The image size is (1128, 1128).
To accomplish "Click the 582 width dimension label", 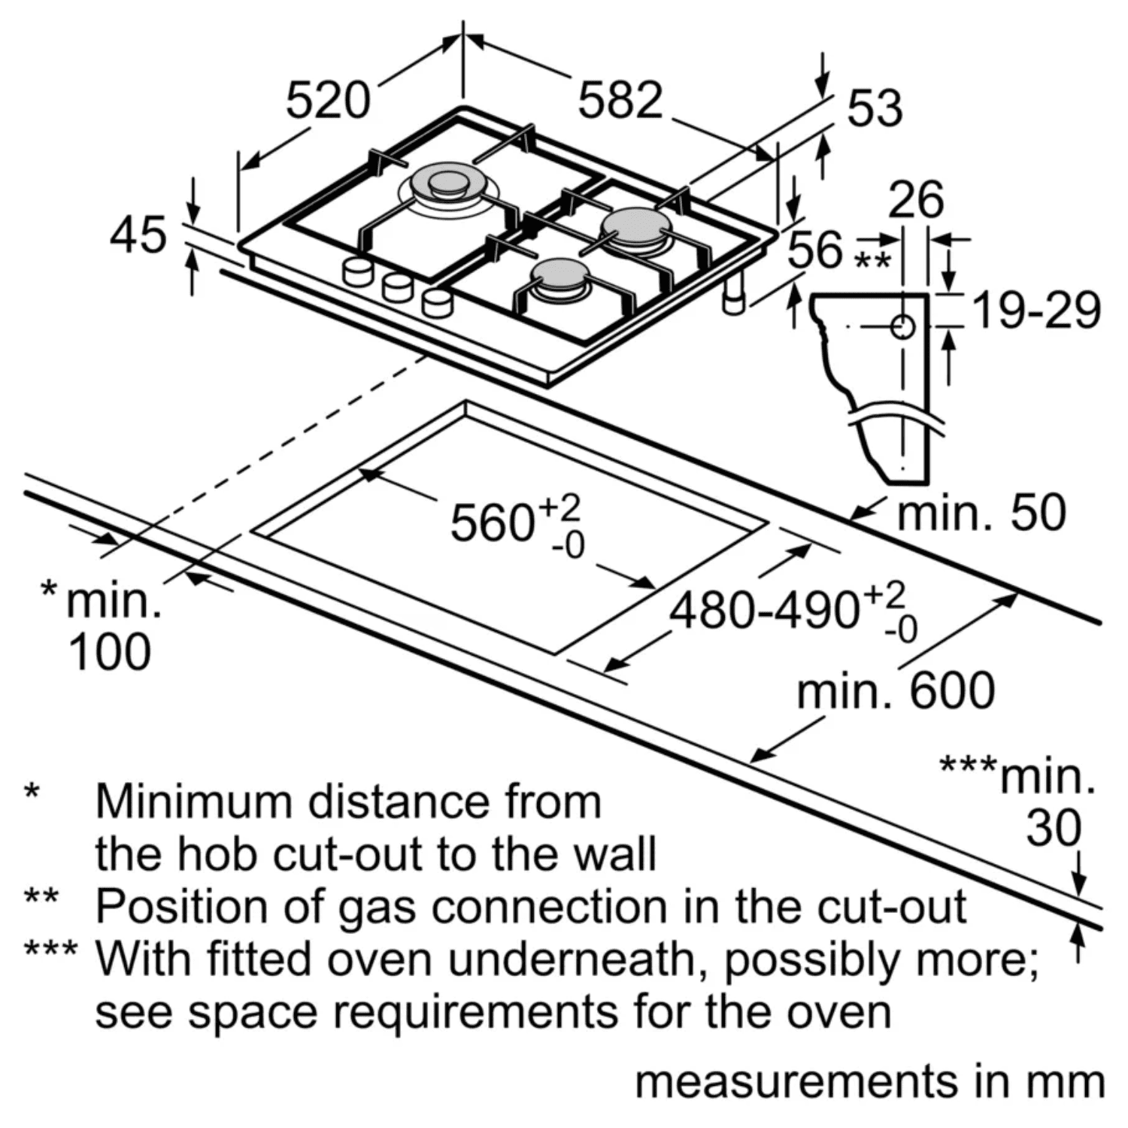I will click(620, 100).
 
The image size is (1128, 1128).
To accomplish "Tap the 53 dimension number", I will click(874, 108).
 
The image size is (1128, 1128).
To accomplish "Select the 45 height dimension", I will click(138, 235).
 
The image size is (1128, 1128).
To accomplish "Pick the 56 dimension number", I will click(816, 249).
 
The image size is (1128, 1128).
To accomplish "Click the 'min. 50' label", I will click(982, 513).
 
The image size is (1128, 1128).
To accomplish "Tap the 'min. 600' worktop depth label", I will click(896, 691).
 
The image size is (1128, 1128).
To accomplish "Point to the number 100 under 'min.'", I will click(110, 652).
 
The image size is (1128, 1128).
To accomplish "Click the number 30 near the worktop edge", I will click(1054, 828).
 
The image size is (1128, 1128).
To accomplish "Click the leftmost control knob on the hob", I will click(356, 271).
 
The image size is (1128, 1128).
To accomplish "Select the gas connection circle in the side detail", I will click(902, 327).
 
